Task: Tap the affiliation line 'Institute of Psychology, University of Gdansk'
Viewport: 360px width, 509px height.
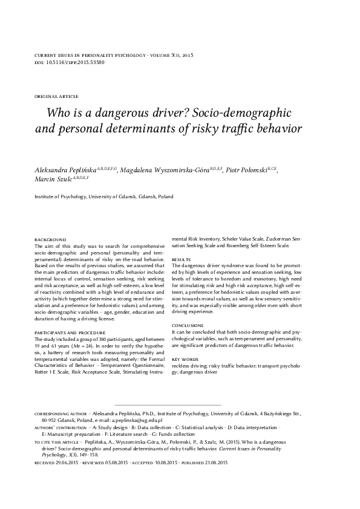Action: [x=103, y=197]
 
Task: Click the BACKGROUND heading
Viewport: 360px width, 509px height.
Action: [x=50, y=240]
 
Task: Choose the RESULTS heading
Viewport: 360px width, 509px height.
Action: [x=181, y=258]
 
